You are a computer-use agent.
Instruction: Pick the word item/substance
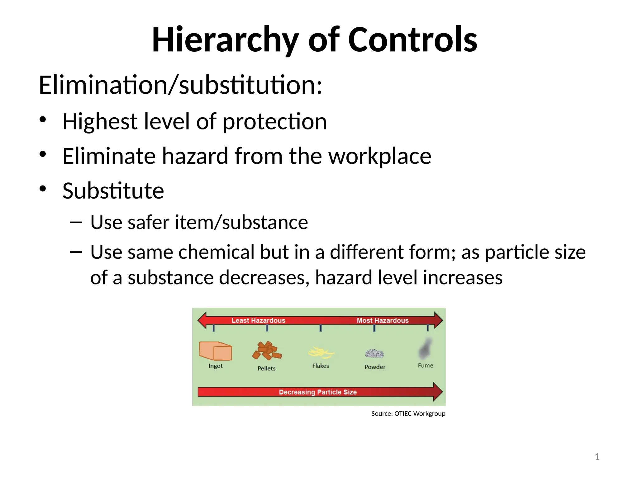[241, 223]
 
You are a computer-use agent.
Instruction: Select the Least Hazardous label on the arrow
[258, 320]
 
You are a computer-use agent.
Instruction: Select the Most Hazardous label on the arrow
[383, 320]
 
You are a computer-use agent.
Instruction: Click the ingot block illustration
[215, 351]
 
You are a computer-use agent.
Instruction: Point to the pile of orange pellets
[267, 351]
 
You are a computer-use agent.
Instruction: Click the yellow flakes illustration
[321, 352]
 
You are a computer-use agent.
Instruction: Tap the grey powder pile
[374, 354]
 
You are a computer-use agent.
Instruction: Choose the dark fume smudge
[425, 349]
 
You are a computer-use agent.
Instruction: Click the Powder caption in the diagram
[375, 367]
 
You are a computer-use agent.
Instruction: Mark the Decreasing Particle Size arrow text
[318, 392]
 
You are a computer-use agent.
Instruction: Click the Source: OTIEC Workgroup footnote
[408, 414]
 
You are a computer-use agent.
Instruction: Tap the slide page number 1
[597, 457]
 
